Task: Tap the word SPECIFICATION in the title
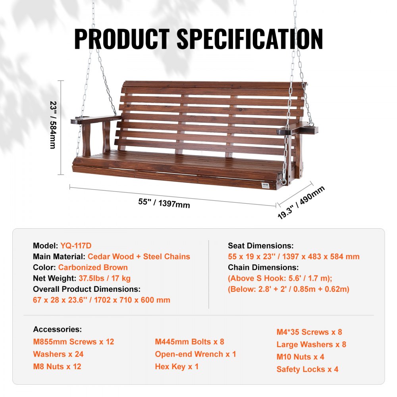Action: (250, 39)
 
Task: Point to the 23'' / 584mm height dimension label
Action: (52, 125)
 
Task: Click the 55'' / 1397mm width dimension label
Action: (164, 203)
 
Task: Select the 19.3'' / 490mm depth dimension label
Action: (301, 202)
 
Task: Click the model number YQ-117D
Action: (76, 246)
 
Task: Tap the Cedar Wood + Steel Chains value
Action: (139, 256)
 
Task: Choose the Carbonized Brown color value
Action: (93, 267)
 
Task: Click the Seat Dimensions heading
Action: (261, 246)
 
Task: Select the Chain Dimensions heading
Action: (263, 267)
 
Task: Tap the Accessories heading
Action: (58, 329)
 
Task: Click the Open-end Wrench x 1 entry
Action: (195, 354)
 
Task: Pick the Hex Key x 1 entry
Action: (177, 366)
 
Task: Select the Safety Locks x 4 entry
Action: (307, 369)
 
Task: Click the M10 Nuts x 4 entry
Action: (300, 357)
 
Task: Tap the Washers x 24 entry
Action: (58, 354)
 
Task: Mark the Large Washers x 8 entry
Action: (311, 344)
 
